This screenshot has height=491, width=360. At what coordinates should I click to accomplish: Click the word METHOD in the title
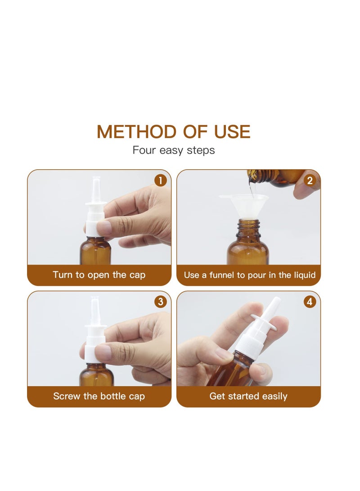pyautogui.click(x=136, y=132)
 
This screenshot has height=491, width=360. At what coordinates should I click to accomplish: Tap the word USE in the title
pyautogui.click(x=232, y=132)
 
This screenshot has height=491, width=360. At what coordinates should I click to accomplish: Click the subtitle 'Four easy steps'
pyautogui.click(x=174, y=150)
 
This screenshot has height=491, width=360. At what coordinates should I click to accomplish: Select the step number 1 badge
pyautogui.click(x=161, y=180)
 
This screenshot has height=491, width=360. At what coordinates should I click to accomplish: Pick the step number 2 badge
pyautogui.click(x=310, y=180)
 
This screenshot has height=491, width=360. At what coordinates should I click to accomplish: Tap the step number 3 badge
pyautogui.click(x=161, y=302)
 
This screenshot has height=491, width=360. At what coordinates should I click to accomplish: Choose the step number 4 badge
pyautogui.click(x=310, y=302)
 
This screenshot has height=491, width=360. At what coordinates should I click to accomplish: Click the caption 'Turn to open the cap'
pyautogui.click(x=99, y=275)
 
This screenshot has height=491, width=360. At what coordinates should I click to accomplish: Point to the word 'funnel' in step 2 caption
pyautogui.click(x=222, y=275)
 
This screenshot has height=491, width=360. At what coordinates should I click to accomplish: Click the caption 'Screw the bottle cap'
pyautogui.click(x=99, y=396)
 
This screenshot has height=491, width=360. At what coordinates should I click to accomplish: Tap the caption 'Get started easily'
pyautogui.click(x=248, y=396)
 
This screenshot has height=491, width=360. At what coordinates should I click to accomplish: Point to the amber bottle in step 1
pyautogui.click(x=95, y=251)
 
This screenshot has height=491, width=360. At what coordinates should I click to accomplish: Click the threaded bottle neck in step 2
pyautogui.click(x=248, y=228)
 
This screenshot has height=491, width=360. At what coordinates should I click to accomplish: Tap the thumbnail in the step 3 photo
pyautogui.click(x=103, y=352)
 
